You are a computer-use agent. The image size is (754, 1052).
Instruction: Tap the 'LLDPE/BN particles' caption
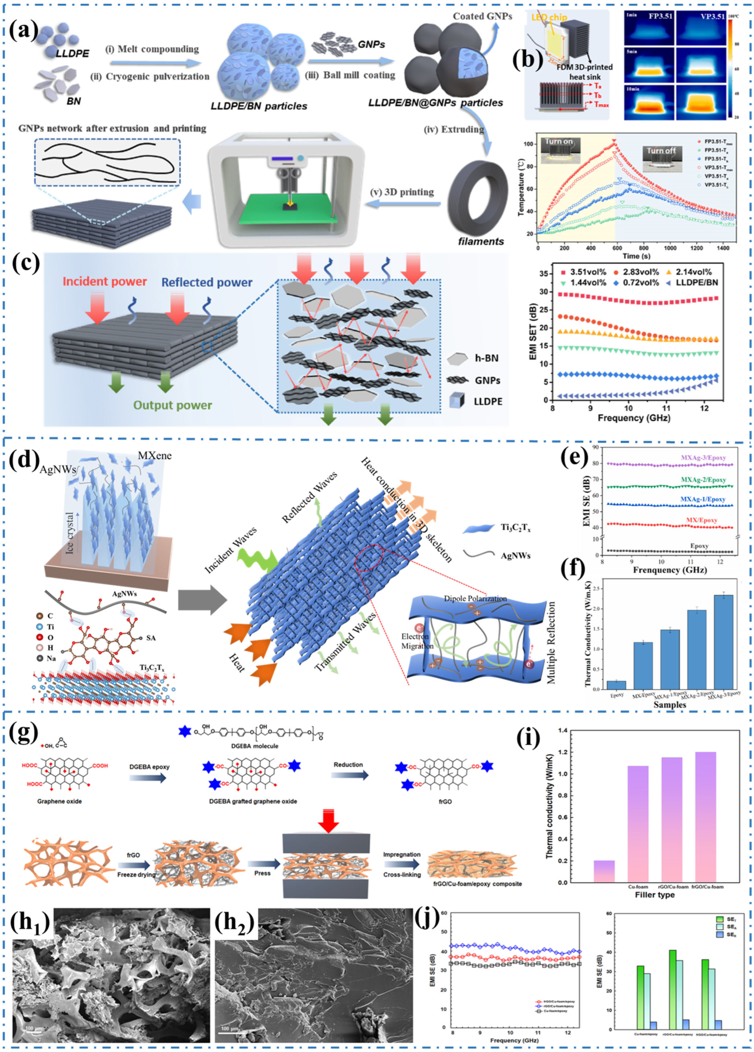tap(258, 106)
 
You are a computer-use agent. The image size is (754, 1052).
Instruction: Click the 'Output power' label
tap(173, 405)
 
